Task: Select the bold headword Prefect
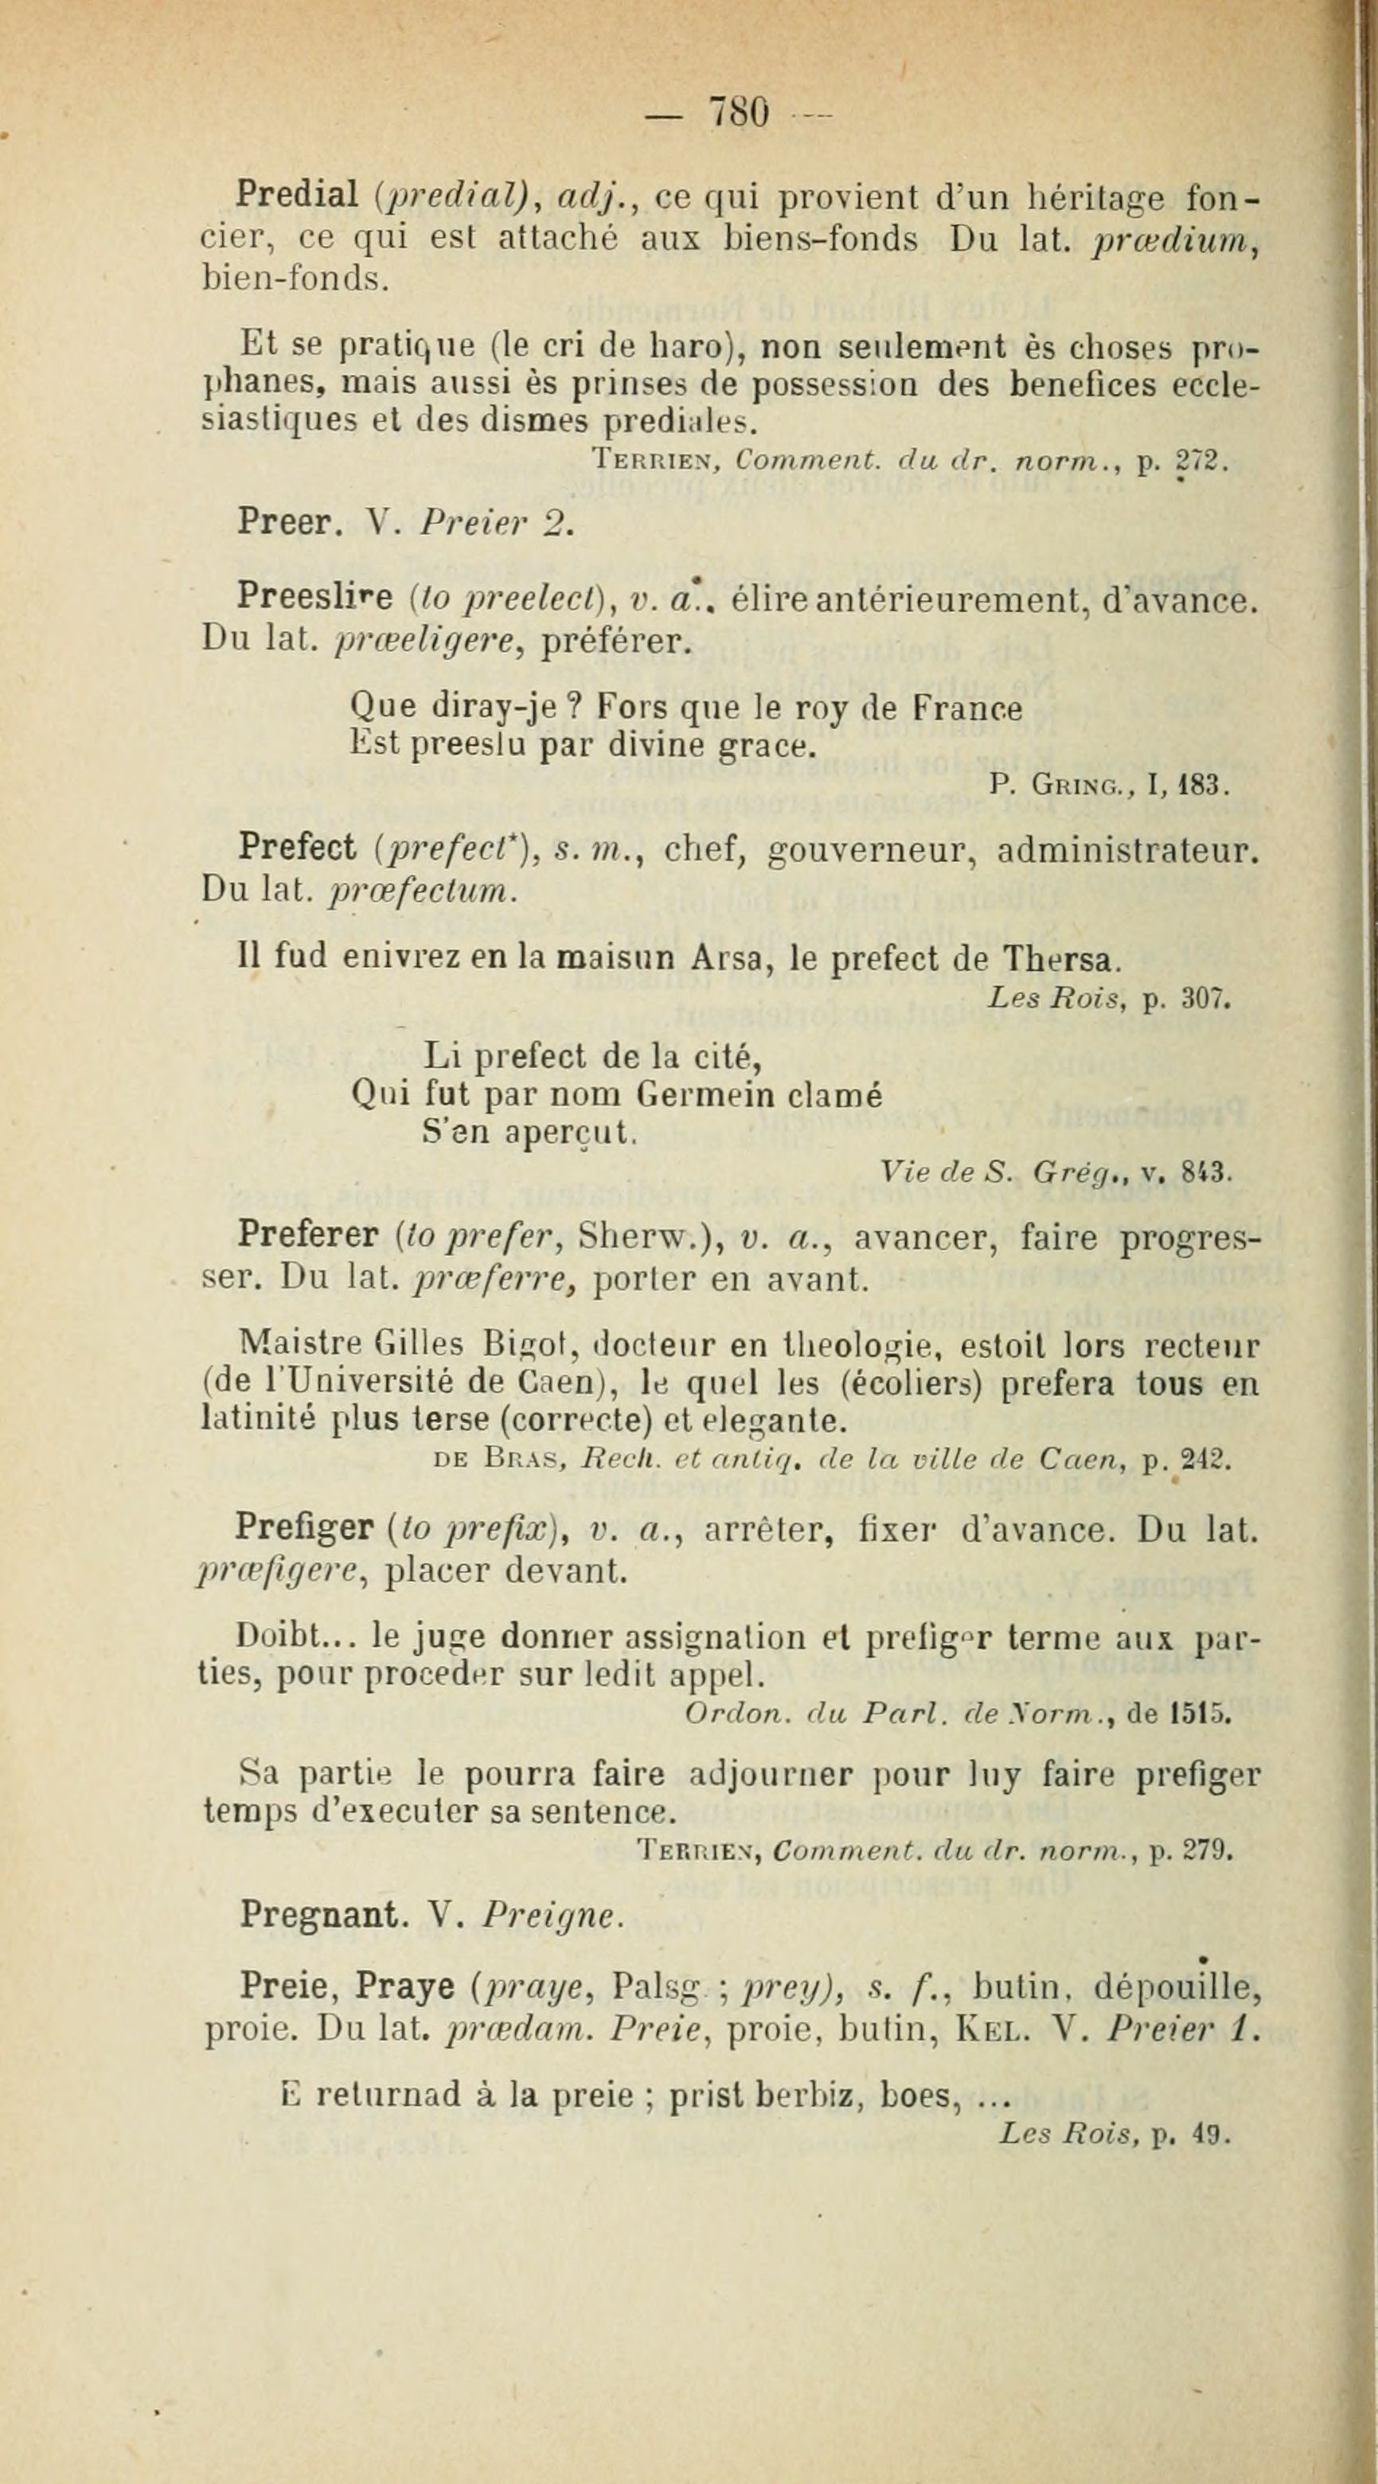click(x=297, y=849)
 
